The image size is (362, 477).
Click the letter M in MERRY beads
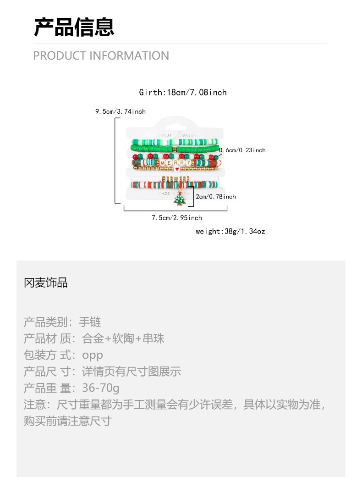coord(163,162)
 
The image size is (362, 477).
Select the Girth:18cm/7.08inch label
coord(183,92)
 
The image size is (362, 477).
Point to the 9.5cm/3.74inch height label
coord(121,111)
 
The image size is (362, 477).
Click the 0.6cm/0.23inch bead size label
coord(242,150)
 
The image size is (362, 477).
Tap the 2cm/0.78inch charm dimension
coord(216,196)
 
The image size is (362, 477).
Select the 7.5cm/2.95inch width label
coord(177,218)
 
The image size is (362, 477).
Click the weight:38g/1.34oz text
coord(230,231)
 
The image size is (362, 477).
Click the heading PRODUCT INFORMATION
coord(101,56)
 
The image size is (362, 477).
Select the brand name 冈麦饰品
coord(46,283)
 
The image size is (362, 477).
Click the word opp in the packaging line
coord(93,355)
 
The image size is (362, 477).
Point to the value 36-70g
coord(101,388)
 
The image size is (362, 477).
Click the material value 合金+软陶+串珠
coord(123,338)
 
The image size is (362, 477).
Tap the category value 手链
coord(90,322)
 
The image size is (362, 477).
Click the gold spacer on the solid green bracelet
coord(174,149)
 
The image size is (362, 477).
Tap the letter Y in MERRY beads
coord(188,162)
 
